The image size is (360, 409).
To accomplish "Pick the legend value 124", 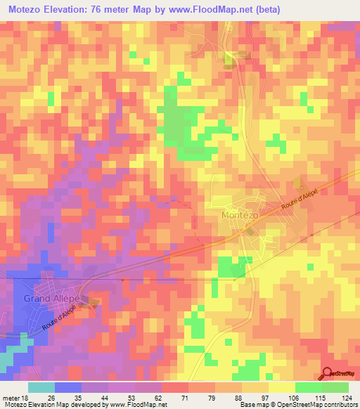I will point(346,398).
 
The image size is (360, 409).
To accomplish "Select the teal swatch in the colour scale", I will point(41,387).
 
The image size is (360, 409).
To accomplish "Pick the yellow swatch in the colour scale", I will point(281,387).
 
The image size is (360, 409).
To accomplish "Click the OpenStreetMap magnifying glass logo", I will point(328,374).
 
